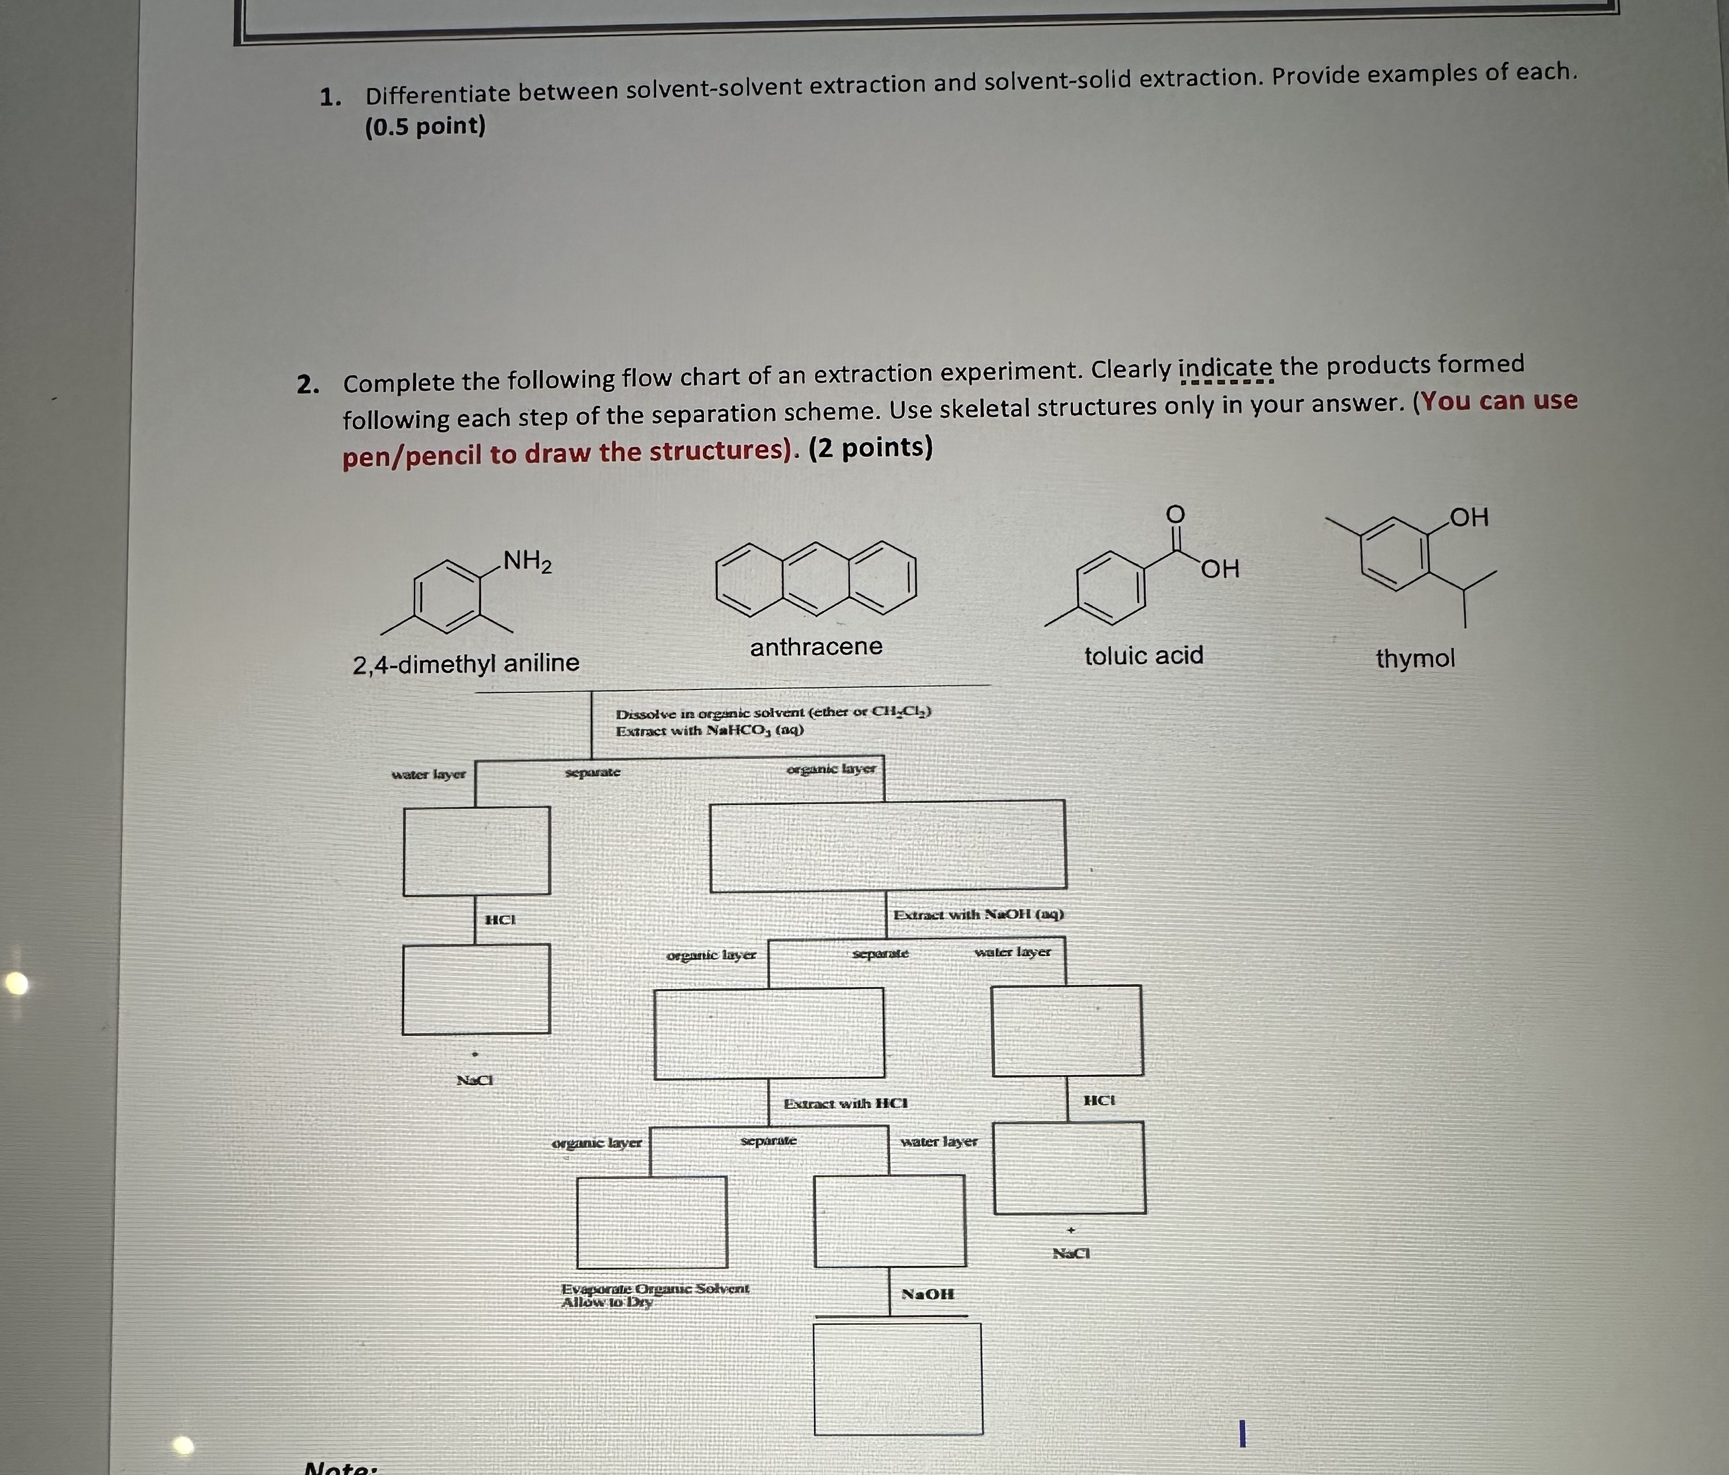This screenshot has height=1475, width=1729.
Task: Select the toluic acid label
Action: point(1143,656)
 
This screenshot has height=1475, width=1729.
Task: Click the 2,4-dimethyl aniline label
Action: point(466,663)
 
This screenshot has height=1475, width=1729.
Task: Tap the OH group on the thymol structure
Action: point(1468,518)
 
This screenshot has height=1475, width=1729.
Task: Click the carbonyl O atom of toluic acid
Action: point(1174,515)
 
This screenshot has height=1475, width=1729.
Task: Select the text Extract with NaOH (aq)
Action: point(978,914)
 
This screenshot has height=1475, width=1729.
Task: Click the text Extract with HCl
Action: point(845,1103)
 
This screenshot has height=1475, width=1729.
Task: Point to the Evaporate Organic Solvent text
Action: point(655,1288)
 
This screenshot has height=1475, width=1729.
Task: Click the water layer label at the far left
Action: point(428,774)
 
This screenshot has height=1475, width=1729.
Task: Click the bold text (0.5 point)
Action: point(425,127)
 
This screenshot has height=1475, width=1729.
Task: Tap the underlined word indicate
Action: point(1225,368)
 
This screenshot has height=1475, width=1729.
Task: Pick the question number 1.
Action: point(330,97)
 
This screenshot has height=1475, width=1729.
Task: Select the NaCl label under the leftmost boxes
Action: point(474,1080)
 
